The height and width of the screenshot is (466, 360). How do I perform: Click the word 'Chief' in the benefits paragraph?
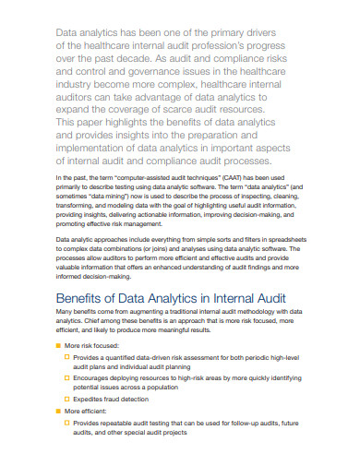100,325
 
